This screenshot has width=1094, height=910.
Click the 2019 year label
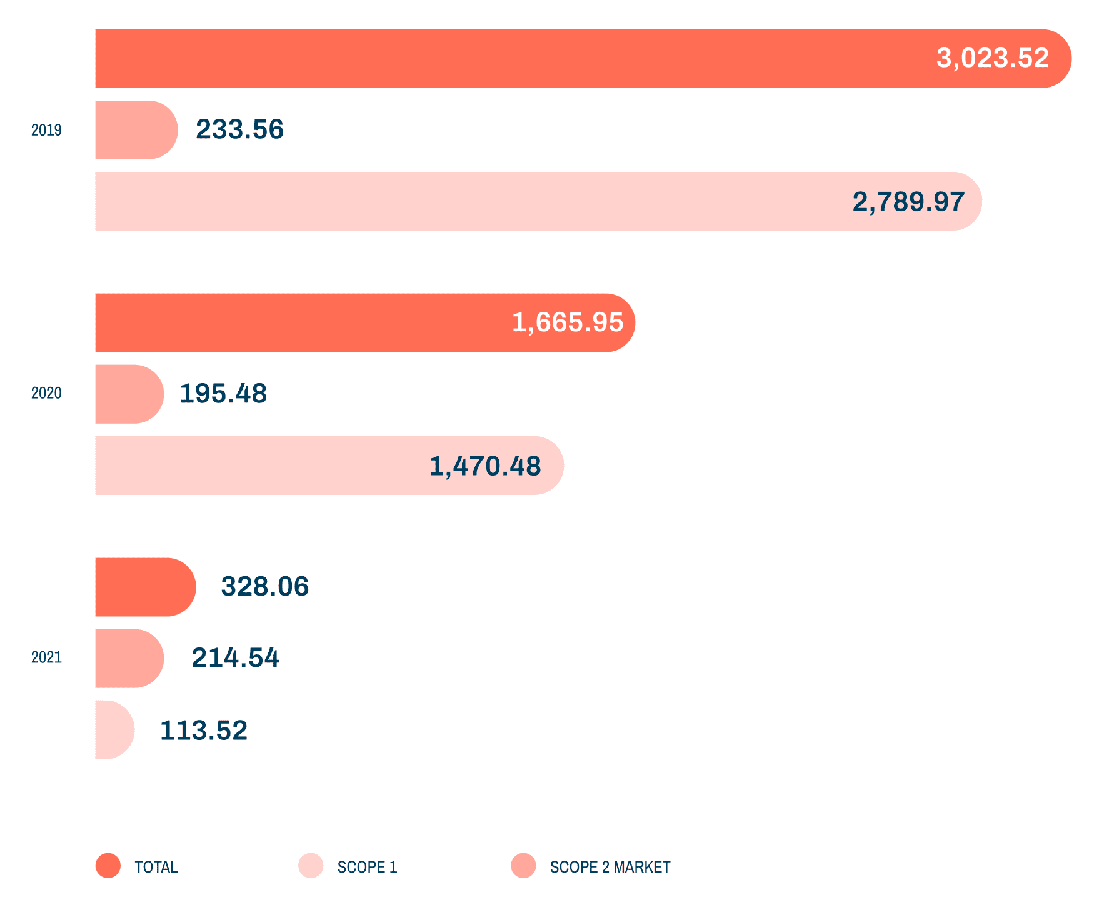click(46, 130)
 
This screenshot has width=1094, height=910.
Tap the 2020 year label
click(46, 393)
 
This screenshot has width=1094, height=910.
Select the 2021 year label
click(46, 657)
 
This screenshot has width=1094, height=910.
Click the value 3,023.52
click(992, 58)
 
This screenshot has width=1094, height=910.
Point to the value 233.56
click(239, 129)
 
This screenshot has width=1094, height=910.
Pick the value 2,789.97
click(908, 202)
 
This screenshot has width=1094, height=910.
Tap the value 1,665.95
click(567, 322)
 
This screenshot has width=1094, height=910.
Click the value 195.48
click(223, 394)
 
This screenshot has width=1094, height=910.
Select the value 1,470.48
click(485, 466)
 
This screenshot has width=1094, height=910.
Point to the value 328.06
click(265, 587)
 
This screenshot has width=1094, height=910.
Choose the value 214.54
click(235, 658)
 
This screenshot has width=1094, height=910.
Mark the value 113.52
click(204, 731)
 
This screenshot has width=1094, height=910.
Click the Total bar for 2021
click(144, 587)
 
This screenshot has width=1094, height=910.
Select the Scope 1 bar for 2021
click(114, 730)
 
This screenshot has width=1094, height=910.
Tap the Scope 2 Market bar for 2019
click(135, 130)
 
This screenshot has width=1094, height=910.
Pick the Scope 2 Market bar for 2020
click(128, 394)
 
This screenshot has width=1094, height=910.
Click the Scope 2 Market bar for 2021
click(128, 658)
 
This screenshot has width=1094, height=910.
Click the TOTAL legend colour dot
click(108, 866)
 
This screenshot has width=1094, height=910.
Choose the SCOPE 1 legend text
click(367, 867)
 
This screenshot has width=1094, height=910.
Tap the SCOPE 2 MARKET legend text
click(610, 867)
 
